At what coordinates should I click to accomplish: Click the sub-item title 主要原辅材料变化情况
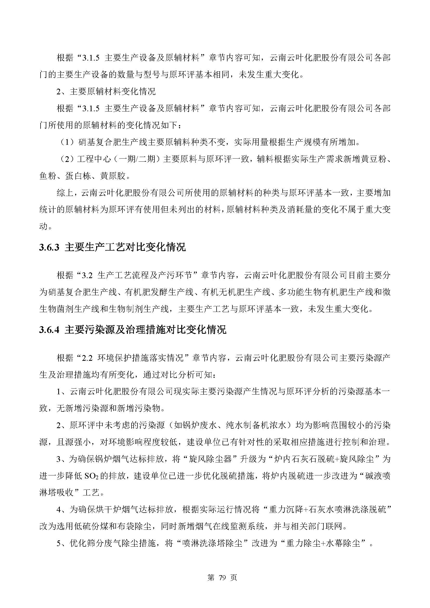point(113,91)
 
